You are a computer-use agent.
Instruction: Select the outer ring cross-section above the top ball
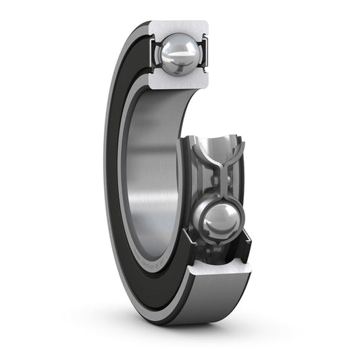point(180,28)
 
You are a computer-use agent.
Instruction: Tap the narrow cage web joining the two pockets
point(217,186)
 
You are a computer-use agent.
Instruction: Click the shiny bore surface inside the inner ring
point(152,176)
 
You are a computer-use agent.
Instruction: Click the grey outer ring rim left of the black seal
point(106,169)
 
